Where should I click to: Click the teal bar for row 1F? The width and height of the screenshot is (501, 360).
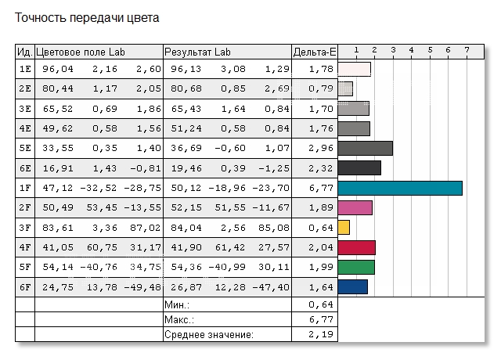pos(400,188)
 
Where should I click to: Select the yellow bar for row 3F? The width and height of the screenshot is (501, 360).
pos(344,227)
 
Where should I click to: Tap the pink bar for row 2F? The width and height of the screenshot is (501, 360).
pos(355,207)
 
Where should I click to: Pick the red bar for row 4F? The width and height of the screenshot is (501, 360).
pos(357,247)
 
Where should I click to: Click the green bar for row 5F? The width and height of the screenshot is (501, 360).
pos(356,267)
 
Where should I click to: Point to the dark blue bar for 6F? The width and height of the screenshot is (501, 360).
pos(353,286)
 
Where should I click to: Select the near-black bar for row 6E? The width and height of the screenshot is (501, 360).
pos(359,167)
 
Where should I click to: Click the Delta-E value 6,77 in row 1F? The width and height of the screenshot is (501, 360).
pos(322,188)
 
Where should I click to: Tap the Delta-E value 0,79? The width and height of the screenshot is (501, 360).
pos(322,88)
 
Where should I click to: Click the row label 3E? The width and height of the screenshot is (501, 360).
pos(24,108)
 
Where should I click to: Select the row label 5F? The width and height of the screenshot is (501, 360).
pos(24,267)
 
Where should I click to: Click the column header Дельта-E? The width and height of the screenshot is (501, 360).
pos(314,52)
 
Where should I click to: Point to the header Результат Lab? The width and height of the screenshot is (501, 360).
pos(197,52)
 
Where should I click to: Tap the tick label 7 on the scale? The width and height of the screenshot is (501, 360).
pos(467,50)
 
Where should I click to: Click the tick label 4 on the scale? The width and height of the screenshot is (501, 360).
pos(412,50)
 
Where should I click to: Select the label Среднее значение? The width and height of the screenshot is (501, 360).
pos(208,335)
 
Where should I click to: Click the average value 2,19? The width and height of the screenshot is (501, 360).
pos(322,335)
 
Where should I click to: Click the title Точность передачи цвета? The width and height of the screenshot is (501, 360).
pos(87,17)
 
